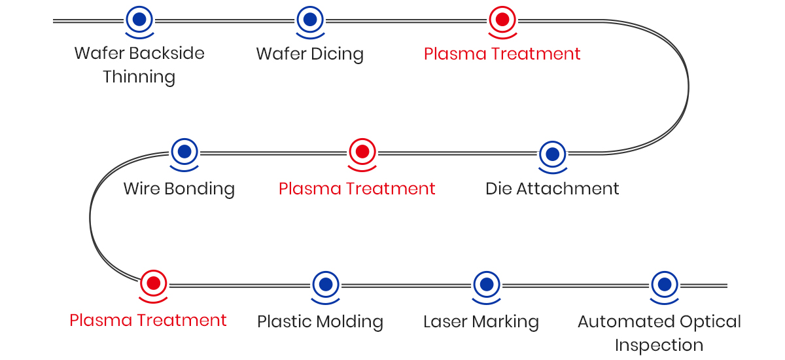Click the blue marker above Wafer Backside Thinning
(139, 19)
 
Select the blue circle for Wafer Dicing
(310, 19)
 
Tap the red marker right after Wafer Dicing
(502, 19)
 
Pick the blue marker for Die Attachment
(552, 154)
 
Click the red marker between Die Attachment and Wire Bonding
(362, 152)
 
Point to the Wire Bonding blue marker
(184, 151)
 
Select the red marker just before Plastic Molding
(154, 283)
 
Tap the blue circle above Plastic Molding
(326, 284)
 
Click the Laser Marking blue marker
(486, 284)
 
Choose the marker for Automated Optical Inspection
(665, 284)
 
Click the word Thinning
(139, 77)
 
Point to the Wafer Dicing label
(309, 54)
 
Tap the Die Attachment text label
(552, 189)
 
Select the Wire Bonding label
(179, 189)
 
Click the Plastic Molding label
(320, 321)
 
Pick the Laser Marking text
(481, 321)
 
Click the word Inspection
(659, 345)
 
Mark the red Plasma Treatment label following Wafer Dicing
(502, 54)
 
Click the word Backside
(167, 53)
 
